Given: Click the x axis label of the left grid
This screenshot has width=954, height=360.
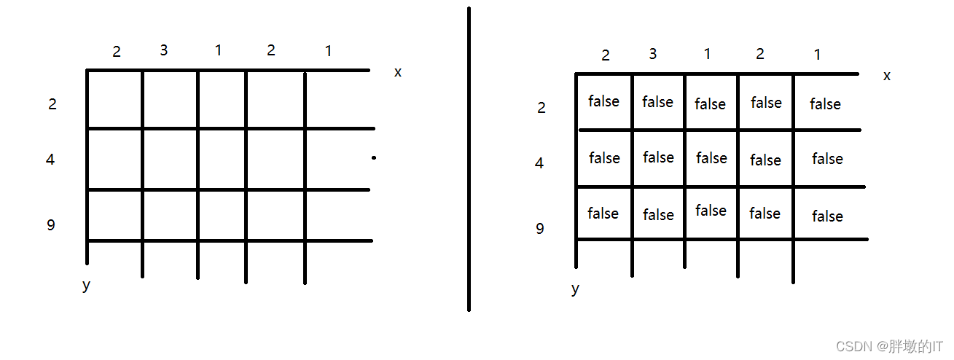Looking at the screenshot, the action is click(397, 72).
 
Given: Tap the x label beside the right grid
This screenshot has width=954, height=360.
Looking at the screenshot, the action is click(886, 76).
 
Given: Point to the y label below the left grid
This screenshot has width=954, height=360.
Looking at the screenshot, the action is click(87, 285).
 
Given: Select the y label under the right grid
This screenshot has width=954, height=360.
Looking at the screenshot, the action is click(575, 289).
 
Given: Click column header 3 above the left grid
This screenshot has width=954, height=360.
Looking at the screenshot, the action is click(163, 50).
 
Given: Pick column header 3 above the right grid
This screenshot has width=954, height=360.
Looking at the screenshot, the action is click(652, 54).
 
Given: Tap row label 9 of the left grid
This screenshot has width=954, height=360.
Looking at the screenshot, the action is click(51, 225).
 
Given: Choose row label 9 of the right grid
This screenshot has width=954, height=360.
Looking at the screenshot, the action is click(540, 229).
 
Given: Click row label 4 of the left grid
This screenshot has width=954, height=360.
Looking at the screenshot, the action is click(50, 160).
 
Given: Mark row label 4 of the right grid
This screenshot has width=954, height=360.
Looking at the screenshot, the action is click(539, 163).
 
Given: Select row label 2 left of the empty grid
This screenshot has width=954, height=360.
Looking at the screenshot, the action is click(52, 104).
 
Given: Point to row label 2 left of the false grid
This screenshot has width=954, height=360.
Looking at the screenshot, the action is click(541, 108).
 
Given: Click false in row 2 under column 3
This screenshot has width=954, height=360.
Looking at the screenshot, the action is click(657, 102).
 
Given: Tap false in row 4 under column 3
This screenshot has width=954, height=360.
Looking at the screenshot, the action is click(658, 157).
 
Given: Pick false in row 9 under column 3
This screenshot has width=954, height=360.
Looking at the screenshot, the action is click(658, 215).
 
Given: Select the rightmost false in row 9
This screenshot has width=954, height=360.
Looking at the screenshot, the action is click(827, 216).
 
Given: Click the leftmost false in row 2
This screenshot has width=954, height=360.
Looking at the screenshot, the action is click(603, 101).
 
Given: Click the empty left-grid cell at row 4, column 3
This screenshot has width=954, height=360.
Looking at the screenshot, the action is click(170, 160).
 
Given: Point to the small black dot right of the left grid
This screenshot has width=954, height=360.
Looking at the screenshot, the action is click(373, 157).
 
